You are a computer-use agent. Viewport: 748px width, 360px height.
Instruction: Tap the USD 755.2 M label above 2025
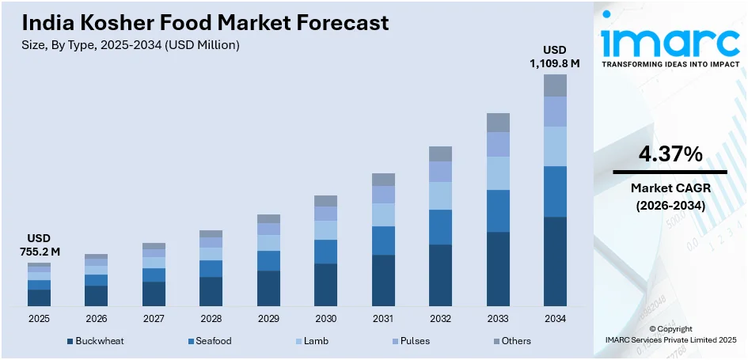pos(39,245)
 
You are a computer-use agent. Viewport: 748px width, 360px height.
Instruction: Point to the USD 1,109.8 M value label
pos(554,57)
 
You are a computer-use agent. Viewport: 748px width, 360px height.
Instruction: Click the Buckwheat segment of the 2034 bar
pos(555,261)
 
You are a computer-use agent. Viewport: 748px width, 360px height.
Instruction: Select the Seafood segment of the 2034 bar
pos(555,191)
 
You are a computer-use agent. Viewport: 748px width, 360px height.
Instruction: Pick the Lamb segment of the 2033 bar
pos(498,173)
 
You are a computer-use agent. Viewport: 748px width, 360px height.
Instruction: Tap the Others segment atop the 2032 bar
pos(440,153)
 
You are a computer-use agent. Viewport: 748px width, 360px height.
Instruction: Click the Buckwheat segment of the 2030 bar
pos(325,285)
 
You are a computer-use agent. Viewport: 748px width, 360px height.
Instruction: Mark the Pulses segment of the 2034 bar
pos(555,112)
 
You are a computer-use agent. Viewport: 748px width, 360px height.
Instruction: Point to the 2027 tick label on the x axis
pos(154,318)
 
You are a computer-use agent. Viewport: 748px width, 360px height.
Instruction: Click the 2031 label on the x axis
pos(383,318)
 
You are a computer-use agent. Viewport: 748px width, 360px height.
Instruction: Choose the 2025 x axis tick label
pos(39,318)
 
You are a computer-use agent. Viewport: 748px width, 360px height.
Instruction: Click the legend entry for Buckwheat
pos(96,341)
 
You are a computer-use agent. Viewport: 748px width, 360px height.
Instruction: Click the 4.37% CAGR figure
pos(670,156)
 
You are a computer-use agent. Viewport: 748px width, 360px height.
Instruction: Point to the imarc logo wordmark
pos(670,40)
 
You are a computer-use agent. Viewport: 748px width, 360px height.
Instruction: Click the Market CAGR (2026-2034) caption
pos(670,196)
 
